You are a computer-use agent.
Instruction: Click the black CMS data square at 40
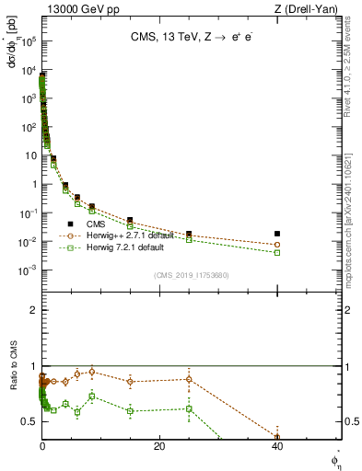pos(277,234)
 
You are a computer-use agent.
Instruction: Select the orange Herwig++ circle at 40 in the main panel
pos(277,245)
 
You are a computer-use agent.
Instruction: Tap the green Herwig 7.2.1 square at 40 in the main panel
pos(277,252)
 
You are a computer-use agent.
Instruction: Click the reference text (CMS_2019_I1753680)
pos(192,275)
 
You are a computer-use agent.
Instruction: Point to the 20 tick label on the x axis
pos(159,448)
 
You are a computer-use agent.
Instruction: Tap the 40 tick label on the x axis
pos(277,448)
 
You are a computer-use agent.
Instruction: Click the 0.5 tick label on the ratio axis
pos(29,420)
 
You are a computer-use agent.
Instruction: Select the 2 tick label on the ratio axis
pos(33,310)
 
